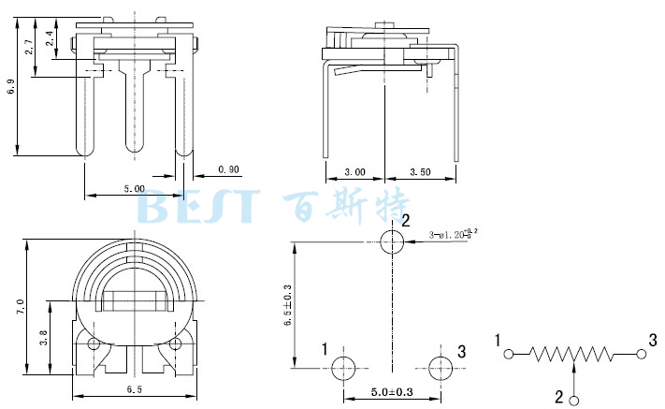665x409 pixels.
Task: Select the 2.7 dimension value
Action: [x=31, y=45]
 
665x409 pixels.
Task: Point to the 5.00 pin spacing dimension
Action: [x=134, y=189]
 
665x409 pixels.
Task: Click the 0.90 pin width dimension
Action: [x=228, y=169]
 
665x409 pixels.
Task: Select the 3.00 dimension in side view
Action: [x=354, y=173]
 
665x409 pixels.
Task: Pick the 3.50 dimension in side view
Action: [x=420, y=173]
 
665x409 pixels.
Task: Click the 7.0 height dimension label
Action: [x=20, y=306]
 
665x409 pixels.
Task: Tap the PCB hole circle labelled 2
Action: [x=391, y=241]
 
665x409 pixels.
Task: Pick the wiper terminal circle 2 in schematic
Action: [x=573, y=398]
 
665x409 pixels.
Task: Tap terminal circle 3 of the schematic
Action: [x=641, y=355]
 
